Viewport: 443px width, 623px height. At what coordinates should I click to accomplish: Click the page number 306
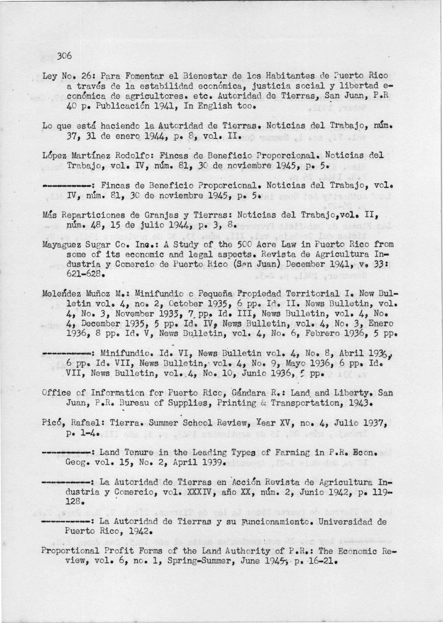tap(64, 56)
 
